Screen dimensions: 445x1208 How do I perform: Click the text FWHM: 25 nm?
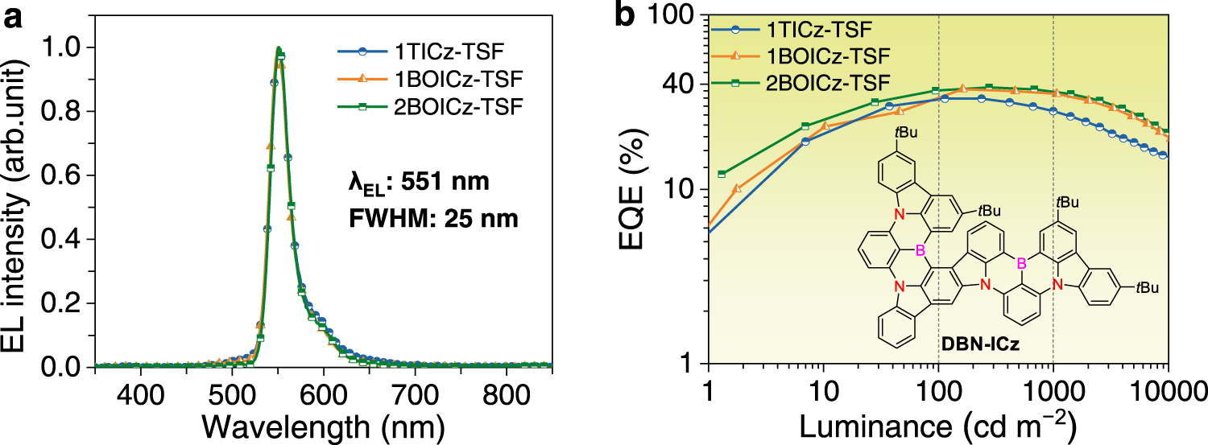414,218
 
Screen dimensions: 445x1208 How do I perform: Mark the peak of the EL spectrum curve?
278,48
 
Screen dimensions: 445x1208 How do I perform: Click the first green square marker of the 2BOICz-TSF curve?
722,174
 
